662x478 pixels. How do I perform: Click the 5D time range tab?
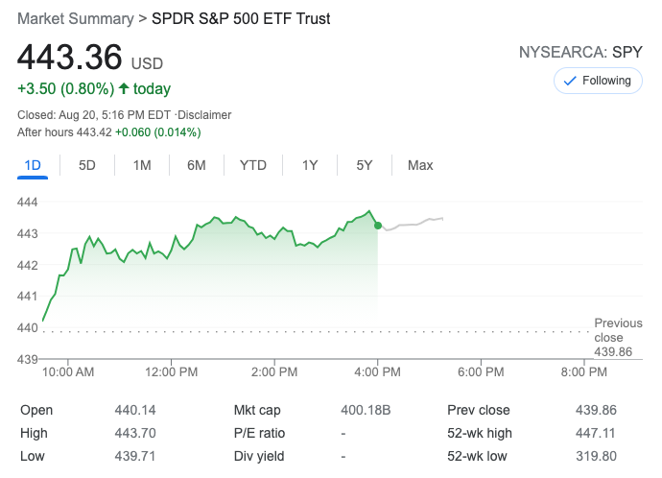click(87, 165)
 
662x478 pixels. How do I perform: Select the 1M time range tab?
click(142, 165)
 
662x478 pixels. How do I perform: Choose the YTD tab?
click(253, 165)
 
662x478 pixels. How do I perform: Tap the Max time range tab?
click(420, 165)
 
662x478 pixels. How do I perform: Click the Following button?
click(598, 81)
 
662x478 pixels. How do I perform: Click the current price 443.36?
click(70, 58)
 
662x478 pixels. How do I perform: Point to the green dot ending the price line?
click(377, 225)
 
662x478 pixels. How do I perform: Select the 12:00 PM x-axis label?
click(172, 371)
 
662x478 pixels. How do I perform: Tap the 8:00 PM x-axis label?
click(583, 371)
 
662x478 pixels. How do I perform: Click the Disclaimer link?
click(203, 115)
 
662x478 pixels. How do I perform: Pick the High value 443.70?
click(135, 433)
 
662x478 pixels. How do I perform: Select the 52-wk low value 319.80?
click(597, 456)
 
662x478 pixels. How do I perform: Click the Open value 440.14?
click(135, 410)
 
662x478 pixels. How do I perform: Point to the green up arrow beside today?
click(124, 88)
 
